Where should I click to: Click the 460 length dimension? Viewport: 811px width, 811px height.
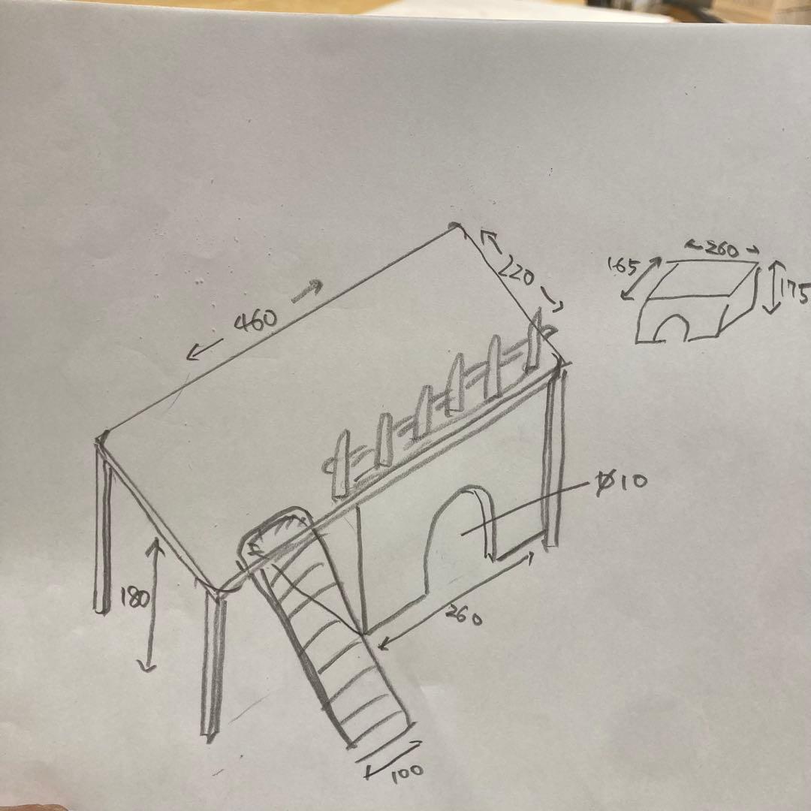256,321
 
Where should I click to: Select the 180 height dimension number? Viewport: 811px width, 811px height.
135,598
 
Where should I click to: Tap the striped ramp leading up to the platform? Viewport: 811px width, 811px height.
323,631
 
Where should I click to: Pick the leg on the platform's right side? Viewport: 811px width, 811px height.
553,458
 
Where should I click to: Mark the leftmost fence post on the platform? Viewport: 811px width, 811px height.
339,466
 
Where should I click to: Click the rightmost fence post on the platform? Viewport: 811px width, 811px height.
535,342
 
